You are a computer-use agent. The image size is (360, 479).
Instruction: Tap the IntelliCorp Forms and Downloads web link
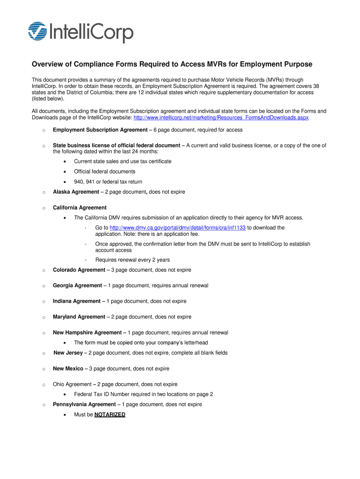(x=221, y=118)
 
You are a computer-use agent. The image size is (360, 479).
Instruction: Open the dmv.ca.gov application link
(x=177, y=228)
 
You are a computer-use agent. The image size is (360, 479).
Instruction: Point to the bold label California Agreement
(x=79, y=208)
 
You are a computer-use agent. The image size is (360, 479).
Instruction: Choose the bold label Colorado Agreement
(x=79, y=270)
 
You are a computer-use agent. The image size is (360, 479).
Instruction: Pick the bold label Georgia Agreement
(x=77, y=286)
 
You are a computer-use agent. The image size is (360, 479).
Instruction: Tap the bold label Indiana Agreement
(x=76, y=301)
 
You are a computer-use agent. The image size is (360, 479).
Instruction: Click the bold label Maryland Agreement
(x=79, y=317)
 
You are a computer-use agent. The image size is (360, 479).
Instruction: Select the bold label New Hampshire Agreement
(x=87, y=333)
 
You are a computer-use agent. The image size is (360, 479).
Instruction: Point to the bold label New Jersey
(x=68, y=353)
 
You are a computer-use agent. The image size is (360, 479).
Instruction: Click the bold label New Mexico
(x=68, y=369)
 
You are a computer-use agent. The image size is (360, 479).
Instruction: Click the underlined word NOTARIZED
(x=110, y=415)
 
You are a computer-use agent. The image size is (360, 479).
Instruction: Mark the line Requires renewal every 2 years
(x=132, y=260)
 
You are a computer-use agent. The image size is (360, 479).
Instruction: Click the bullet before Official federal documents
(x=65, y=172)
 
